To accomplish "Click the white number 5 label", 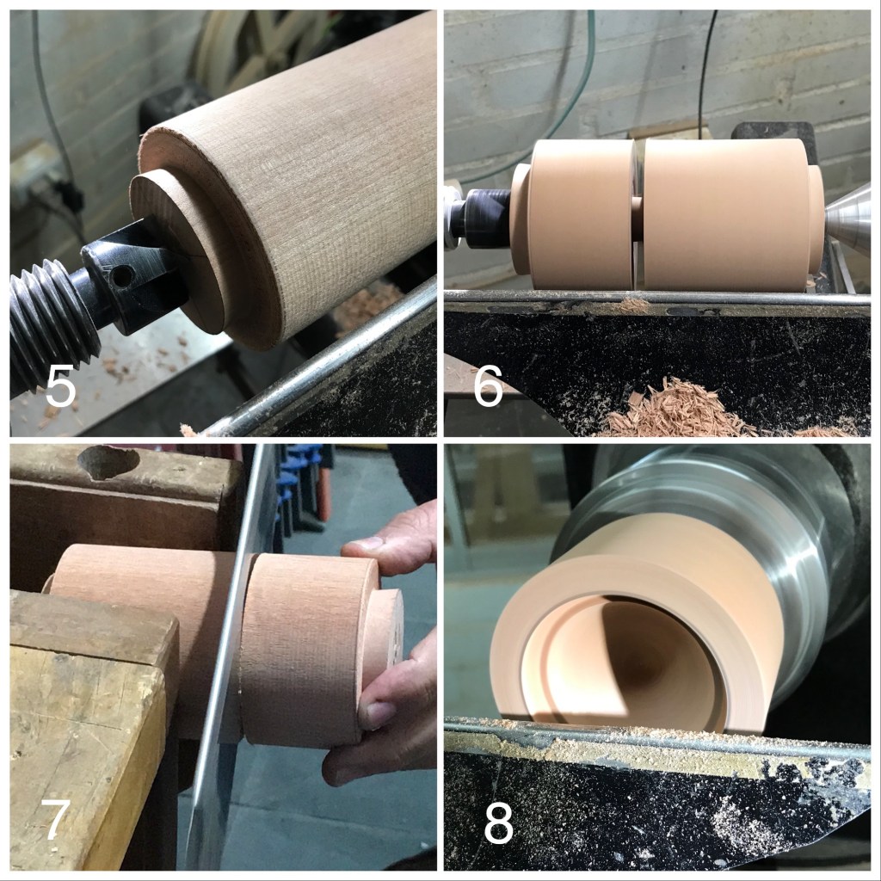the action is [x=60, y=385].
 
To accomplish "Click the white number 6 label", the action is [x=488, y=385].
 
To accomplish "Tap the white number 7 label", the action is [x=55, y=820].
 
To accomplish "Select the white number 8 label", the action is [x=498, y=823].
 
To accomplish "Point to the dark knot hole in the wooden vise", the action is [x=108, y=461].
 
